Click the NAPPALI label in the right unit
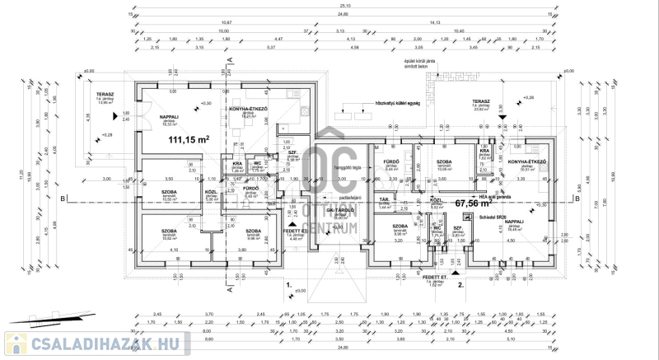515,222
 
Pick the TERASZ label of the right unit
482,101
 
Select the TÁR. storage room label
384,200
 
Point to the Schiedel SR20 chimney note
482,215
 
